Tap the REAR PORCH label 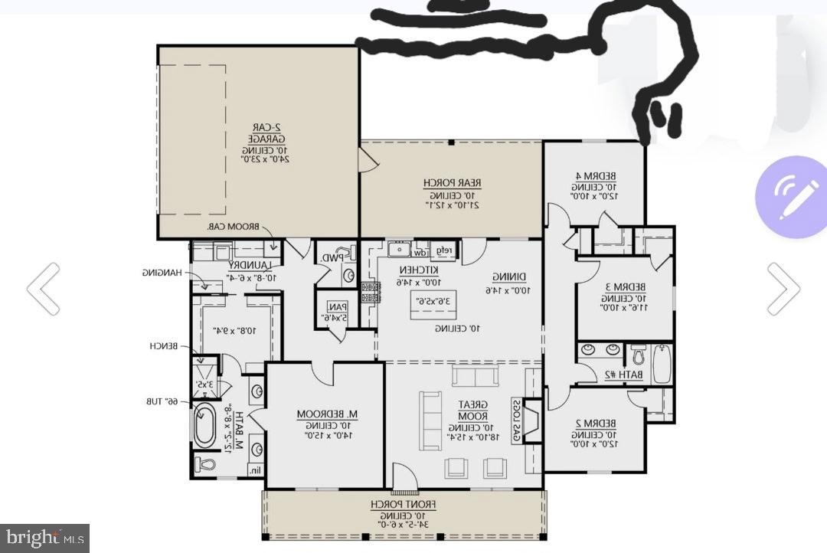click(x=452, y=183)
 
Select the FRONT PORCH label click(x=404, y=504)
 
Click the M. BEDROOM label click(x=323, y=414)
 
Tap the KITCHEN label click(x=418, y=270)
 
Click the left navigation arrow click(x=43, y=289)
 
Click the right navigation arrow click(x=783, y=289)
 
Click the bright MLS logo click(x=44, y=537)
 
